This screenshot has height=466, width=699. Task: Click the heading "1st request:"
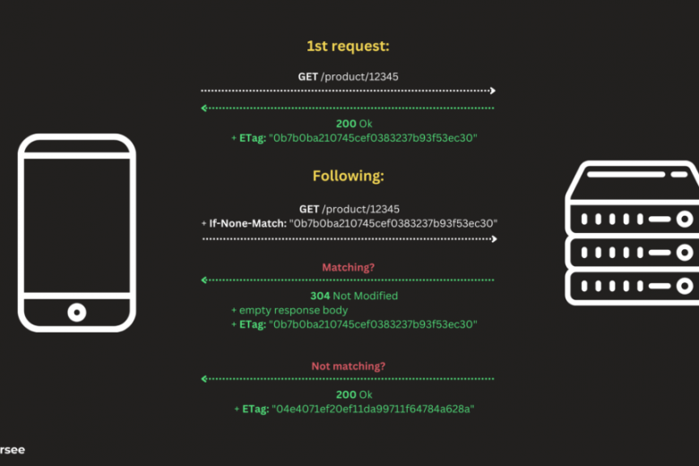[348, 46]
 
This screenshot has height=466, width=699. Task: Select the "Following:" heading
[348, 176]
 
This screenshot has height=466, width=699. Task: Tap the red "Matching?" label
[348, 267]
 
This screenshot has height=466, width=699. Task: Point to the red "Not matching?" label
[348, 366]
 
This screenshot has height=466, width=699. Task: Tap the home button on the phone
[78, 312]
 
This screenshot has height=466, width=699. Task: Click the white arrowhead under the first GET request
[491, 91]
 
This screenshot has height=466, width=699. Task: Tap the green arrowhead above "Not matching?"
[205, 378]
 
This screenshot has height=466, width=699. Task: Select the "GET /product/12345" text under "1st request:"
[348, 77]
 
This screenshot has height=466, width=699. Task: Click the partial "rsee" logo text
[13, 450]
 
